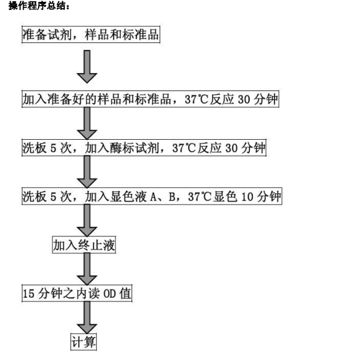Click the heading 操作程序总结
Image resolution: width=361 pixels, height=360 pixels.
click(x=39, y=6)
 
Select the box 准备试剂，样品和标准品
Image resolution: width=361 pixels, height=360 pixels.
click(x=90, y=34)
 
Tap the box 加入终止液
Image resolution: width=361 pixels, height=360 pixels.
click(x=84, y=245)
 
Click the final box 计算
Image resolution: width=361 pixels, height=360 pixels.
click(x=84, y=342)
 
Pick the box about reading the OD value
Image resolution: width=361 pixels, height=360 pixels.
click(x=77, y=293)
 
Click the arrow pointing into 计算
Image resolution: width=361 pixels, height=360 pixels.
click(x=87, y=318)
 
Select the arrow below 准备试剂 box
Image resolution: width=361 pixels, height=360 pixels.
click(x=87, y=67)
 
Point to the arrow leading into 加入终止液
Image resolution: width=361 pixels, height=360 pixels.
click(x=87, y=220)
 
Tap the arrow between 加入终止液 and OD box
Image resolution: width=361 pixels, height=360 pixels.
click(x=87, y=269)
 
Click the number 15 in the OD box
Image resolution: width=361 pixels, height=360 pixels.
click(x=29, y=294)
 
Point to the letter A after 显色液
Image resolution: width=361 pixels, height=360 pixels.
click(x=153, y=197)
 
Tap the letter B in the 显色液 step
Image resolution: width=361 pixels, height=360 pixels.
click(x=171, y=197)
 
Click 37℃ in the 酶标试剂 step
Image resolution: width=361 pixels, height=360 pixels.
click(x=184, y=148)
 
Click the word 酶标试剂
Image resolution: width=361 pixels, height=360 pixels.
click(x=135, y=148)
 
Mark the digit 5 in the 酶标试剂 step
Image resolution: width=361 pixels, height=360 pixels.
click(x=53, y=148)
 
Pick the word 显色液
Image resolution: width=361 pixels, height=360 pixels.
click(x=128, y=197)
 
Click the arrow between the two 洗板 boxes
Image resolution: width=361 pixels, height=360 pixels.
click(x=87, y=172)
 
